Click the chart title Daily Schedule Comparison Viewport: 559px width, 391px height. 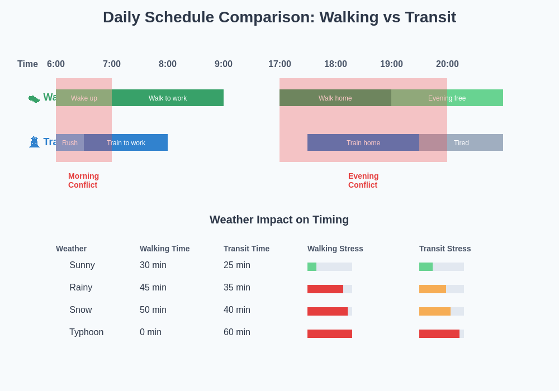point(279,17)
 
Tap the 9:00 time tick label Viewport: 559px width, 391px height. point(224,64)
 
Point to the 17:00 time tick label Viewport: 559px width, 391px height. point(279,64)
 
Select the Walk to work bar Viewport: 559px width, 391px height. point(168,98)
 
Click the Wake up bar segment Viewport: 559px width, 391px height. point(84,98)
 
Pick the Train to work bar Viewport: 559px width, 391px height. point(126,142)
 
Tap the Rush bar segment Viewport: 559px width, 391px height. point(70,142)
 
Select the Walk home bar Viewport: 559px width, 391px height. point(335,98)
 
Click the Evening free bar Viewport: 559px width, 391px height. point(447,98)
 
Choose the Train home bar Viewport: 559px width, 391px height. point(363,142)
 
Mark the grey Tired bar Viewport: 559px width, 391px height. point(461,142)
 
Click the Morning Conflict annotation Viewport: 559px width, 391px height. point(83,180)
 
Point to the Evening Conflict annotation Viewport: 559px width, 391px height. point(363,180)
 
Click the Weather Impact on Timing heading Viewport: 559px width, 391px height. point(279,220)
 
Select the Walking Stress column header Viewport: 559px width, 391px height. point(335,249)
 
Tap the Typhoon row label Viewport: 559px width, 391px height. point(87,332)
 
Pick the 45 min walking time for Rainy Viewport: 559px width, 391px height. point(153,288)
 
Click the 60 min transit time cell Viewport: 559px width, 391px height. point(237,332)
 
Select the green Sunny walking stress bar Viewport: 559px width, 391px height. point(312,267)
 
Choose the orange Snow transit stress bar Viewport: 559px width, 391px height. point(435,311)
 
